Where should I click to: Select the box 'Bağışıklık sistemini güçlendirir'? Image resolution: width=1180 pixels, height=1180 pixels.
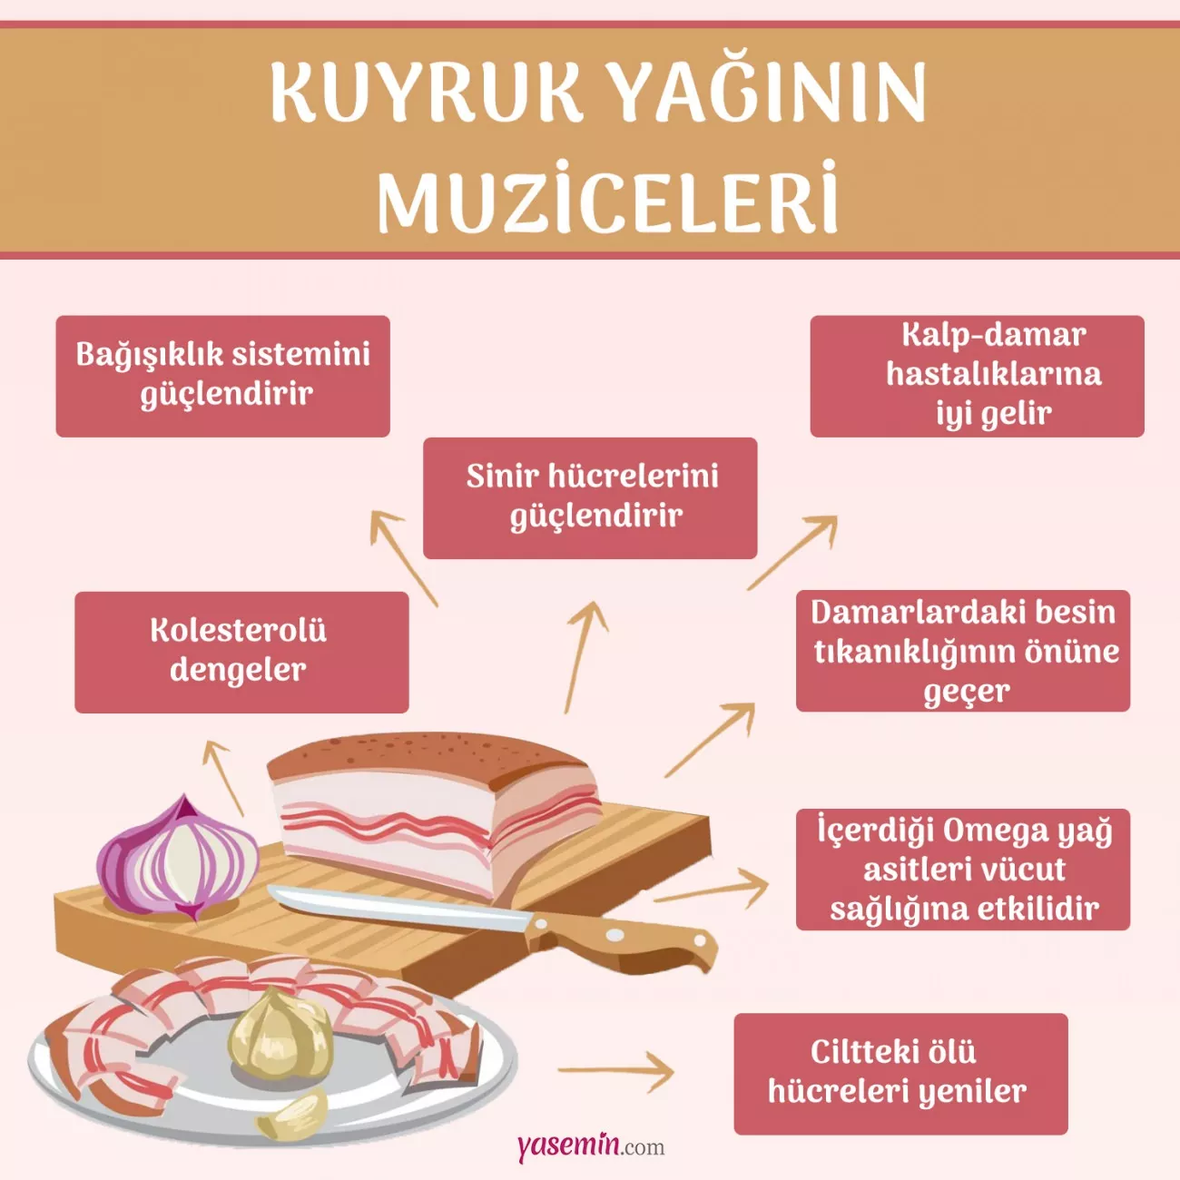coord(223,376)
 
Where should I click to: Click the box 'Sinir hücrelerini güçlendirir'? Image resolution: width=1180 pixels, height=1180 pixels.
coord(590,497)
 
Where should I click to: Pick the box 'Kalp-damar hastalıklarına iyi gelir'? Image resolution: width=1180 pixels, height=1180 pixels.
coord(978,376)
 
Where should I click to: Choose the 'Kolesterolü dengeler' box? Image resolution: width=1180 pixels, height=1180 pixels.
coord(241,652)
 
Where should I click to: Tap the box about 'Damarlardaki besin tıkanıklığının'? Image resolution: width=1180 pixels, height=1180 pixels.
coord(963,651)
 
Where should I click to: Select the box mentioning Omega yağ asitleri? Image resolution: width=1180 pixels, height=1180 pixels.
coord(963,870)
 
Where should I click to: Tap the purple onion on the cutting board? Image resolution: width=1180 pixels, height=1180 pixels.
coord(178,857)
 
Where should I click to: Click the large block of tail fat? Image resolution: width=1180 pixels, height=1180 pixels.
coord(435,809)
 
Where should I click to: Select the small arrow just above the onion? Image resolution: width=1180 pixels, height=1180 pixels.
coord(223,778)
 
